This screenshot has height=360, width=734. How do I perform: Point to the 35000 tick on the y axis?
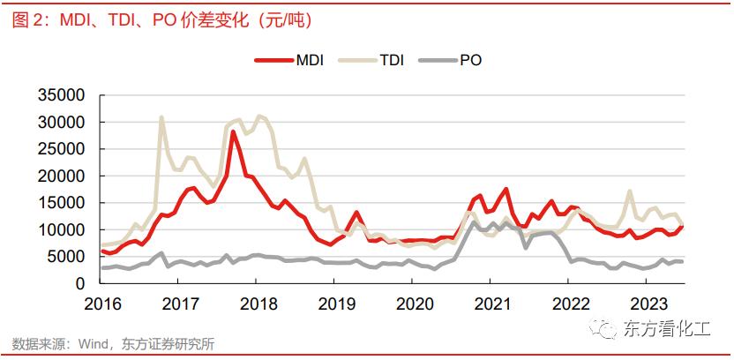click(60, 95)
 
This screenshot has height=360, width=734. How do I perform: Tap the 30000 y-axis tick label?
click(60, 122)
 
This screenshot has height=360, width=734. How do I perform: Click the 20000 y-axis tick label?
click(60, 176)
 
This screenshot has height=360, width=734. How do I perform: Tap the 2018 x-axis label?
click(256, 303)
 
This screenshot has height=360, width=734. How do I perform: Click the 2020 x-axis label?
click(412, 303)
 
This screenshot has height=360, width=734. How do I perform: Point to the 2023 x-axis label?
click(645, 303)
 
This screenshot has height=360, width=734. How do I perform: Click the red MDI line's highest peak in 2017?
click(233, 131)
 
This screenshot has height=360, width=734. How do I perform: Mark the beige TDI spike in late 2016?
click(161, 117)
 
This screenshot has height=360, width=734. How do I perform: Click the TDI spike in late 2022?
click(629, 191)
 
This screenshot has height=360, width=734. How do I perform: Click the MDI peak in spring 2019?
click(356, 212)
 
